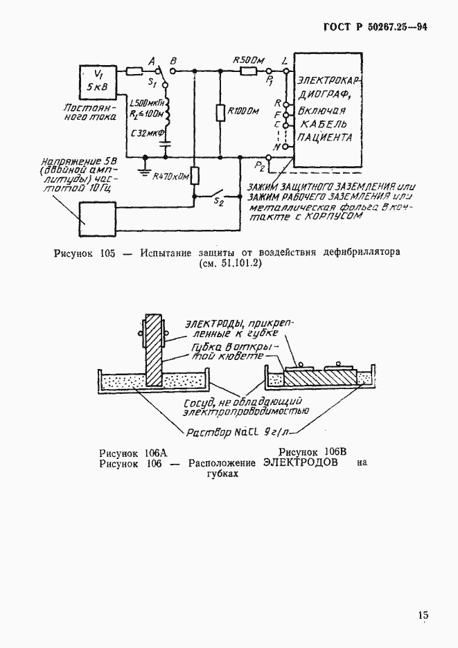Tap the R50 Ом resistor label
(250, 61)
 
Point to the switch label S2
(219, 201)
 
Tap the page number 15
(423, 615)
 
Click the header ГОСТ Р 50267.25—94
(376, 28)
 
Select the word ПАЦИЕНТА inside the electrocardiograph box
(324, 138)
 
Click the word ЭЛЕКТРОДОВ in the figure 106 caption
(301, 464)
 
